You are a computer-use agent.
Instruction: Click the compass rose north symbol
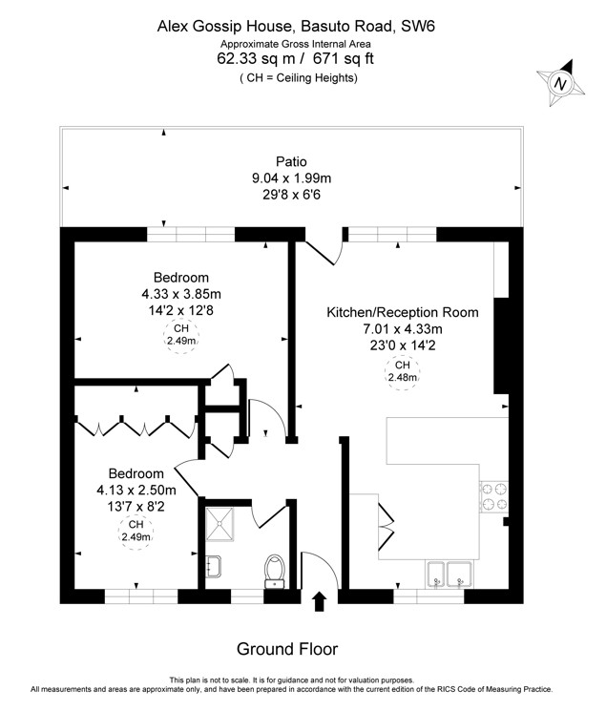pos(560,83)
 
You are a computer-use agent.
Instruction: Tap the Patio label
pos(292,162)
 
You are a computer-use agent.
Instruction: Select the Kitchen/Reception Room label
pos(403,312)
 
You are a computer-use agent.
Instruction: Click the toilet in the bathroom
pos(275,572)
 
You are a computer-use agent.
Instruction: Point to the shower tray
pos(220,524)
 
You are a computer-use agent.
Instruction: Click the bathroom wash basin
pos(213,566)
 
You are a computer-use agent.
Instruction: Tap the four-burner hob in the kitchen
pos(494,496)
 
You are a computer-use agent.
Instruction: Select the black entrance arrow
pos(321,601)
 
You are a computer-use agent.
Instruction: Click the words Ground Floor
pos(287,649)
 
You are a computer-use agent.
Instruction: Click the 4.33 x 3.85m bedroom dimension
pos(181,294)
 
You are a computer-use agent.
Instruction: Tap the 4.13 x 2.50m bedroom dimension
pos(136,490)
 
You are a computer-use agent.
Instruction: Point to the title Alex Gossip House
pos(226,27)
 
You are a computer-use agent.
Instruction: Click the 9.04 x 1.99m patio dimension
pos(292,178)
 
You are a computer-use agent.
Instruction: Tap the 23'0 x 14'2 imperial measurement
pos(403,345)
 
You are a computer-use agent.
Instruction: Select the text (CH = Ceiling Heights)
pos(299,78)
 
